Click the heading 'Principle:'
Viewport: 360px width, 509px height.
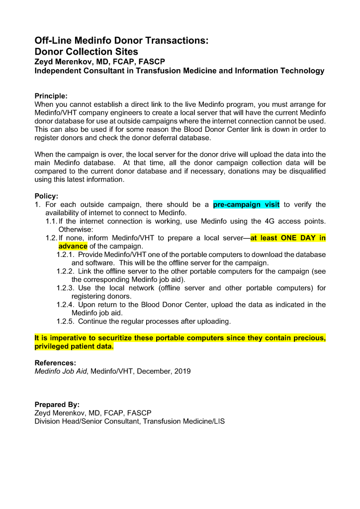51,95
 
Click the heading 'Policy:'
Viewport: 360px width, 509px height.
46,196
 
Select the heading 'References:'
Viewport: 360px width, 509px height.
55,362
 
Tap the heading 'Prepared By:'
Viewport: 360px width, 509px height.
57,405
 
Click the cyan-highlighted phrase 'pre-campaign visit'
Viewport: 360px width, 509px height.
246,204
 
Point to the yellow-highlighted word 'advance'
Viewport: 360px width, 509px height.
73,246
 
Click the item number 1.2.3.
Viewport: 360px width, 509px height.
65,288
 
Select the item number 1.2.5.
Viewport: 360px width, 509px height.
65,321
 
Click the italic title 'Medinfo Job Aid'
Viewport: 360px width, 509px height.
60,371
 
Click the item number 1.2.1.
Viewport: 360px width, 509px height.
65,254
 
